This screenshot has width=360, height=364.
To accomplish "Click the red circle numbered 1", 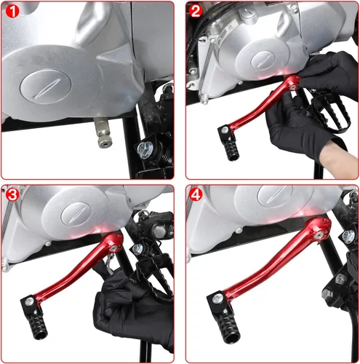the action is (12, 11).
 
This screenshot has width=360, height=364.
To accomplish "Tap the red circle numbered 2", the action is (196, 11).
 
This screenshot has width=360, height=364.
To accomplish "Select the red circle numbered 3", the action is (12, 194).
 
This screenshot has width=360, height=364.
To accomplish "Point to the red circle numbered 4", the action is (196, 194).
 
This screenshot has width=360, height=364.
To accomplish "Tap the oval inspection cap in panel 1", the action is (46, 87).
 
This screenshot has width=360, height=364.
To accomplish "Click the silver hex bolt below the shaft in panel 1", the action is (145, 149).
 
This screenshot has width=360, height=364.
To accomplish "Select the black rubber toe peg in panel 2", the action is (231, 148).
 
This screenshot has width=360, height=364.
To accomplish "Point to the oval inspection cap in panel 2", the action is (263, 60).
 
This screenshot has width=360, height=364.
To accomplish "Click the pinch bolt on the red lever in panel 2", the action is (294, 86).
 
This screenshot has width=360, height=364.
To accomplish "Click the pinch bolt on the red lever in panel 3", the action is (113, 248).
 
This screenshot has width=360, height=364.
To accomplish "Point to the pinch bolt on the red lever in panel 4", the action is (319, 234).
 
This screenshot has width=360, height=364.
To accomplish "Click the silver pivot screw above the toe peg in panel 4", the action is (218, 298).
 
